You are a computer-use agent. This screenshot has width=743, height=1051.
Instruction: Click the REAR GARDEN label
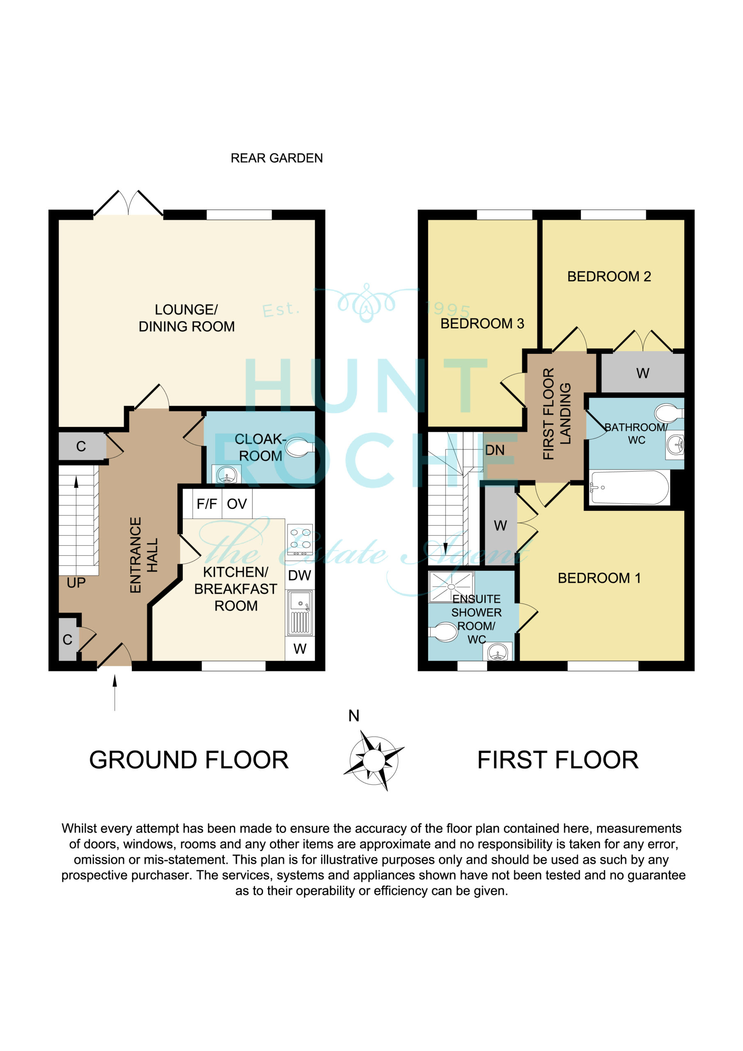[277, 158]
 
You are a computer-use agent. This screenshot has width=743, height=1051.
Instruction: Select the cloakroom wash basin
[227, 475]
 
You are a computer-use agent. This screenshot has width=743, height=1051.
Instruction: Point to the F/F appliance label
[206, 504]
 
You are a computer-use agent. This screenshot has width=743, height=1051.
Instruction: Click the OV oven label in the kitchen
[237, 504]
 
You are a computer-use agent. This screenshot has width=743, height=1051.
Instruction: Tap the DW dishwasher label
[299, 576]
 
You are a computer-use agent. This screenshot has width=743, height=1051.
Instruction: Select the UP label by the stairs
[76, 583]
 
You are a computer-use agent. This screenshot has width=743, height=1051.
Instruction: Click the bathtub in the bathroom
[629, 487]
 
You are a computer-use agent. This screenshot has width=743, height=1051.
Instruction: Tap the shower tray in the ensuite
[451, 586]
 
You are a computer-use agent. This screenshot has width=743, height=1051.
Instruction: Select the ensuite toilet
[443, 632]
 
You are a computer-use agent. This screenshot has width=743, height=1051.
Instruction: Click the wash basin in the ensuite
[498, 652]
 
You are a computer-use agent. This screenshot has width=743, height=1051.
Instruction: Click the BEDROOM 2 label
[609, 276]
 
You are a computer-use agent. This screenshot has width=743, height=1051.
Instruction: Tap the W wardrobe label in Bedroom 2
[643, 373]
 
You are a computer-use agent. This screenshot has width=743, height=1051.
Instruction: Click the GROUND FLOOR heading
[188, 760]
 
